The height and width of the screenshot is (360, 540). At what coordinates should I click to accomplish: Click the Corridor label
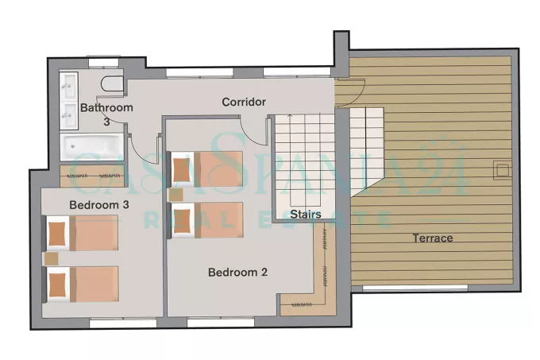[x=244, y=102]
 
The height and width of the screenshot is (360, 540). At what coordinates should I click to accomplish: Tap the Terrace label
[x=433, y=238]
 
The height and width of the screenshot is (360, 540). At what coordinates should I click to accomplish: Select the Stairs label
[x=306, y=215]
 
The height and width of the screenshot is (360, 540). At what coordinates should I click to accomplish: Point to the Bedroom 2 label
[x=237, y=272]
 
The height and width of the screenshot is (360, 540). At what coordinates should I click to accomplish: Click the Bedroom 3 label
[x=99, y=205]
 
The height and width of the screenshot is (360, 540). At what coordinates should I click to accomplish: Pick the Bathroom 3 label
[x=106, y=114]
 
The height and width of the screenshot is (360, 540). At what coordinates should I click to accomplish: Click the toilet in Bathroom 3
[x=112, y=83]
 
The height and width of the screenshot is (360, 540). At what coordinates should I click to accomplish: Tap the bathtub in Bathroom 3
[x=91, y=147]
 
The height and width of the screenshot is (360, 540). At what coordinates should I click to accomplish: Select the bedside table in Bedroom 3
[x=52, y=258]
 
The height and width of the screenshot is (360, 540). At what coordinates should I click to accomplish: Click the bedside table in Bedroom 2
[x=176, y=195]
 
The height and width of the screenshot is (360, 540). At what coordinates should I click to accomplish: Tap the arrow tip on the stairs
[x=290, y=115]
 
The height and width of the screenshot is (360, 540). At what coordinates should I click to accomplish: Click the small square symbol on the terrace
[x=501, y=171]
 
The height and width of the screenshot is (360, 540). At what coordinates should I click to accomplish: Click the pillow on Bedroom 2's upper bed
[x=181, y=170]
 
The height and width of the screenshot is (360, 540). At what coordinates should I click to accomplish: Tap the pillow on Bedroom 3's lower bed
[x=57, y=285]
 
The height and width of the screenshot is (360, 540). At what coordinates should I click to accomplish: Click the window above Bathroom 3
[x=103, y=63]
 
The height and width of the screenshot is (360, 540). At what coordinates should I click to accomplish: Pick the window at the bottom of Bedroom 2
[x=221, y=323]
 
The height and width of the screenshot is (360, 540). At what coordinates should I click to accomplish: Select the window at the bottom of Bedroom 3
[x=123, y=323]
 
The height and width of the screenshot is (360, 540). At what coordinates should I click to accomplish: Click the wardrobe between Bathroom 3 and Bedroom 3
[x=91, y=176]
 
